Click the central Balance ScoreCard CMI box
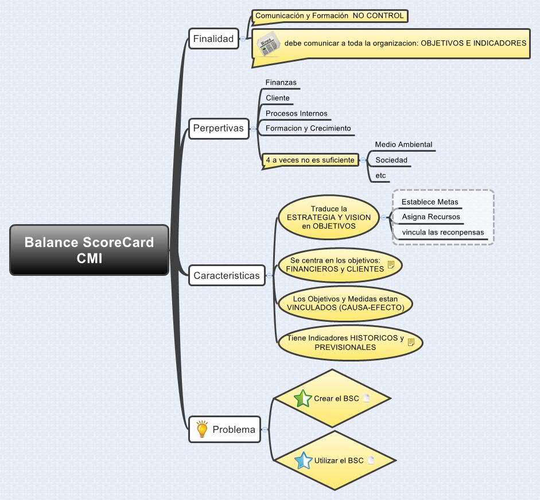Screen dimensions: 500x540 [89, 250]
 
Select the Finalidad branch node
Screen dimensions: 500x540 [213, 39]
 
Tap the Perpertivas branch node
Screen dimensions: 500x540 [217, 128]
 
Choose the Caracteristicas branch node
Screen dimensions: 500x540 [226, 275]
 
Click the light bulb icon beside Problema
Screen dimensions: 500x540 [202, 429]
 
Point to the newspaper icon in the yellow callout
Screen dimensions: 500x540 [267, 44]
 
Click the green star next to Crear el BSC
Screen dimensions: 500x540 [302, 398]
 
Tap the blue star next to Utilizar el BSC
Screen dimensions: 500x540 [303, 460]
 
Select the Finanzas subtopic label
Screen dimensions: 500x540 [281, 83]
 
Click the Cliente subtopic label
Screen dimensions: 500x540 [278, 98]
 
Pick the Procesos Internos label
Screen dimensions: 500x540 [296, 114]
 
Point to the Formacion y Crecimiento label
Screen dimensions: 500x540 [308, 129]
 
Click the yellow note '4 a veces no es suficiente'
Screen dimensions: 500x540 [310, 160]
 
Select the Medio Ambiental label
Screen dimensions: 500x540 [403, 145]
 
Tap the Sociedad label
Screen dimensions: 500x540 [391, 160]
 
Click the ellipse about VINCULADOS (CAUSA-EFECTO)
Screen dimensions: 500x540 [345, 303]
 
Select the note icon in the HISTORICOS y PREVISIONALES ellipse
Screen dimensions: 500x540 [411, 343]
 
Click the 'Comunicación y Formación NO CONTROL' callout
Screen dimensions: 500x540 [329, 16]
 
